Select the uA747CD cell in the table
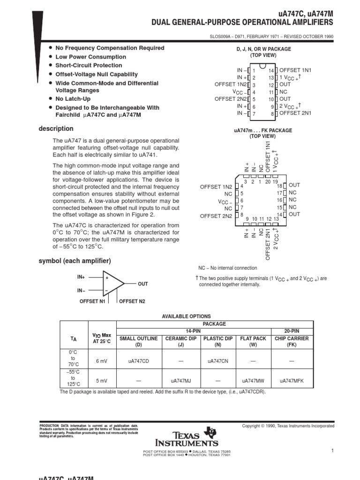pyautogui.click(x=139, y=360)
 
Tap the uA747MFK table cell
pyautogui.click(x=292, y=381)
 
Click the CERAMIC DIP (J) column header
pyautogui.click(x=180, y=341)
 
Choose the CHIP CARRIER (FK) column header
pyautogui.click(x=292, y=341)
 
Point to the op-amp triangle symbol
pyautogui.click(x=113, y=284)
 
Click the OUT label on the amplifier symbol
pyautogui.click(x=142, y=284)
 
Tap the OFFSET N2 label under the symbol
pyautogui.click(x=132, y=301)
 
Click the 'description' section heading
pyautogui.click(x=56, y=128)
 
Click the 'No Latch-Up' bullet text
pyautogui.click(x=73, y=99)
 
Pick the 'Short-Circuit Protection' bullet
pyautogui.click(x=89, y=65)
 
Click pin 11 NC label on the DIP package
pyautogui.click(x=283, y=92)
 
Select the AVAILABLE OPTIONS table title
pyautogui.click(x=186, y=316)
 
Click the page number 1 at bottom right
pyautogui.click(x=331, y=451)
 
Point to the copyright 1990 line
pyautogui.click(x=288, y=426)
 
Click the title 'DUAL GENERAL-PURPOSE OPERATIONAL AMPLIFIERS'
pyautogui.click(x=242, y=22)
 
